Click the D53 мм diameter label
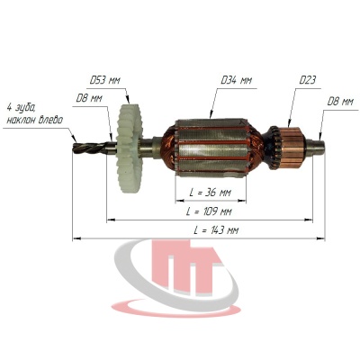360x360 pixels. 105,81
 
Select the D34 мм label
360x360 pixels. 236,80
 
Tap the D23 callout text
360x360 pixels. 307,80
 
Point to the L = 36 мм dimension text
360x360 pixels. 211,193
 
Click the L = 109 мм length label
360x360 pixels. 209,211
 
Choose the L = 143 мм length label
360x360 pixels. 216,230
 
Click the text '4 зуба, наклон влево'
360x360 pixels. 34,115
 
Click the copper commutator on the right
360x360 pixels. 291,148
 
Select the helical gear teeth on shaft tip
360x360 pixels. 90,148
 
